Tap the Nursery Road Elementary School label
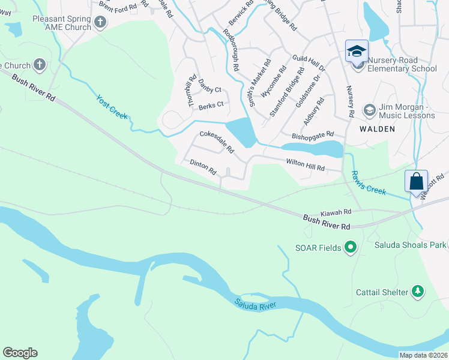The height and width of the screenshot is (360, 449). coord(401,64)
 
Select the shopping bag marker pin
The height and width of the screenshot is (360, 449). coord(416,181)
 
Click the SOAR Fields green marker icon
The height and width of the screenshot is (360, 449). coord(351,247)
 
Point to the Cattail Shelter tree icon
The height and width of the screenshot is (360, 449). coord(417,292)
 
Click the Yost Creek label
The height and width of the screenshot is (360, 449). coord(112,106)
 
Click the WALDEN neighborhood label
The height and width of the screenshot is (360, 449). coord(377,129)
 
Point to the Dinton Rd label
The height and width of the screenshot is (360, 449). coord(203,167)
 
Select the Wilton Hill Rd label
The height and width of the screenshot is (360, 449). coord(305,165)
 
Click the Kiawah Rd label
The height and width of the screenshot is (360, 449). coord(335,213)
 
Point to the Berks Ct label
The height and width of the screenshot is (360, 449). coord(211,104)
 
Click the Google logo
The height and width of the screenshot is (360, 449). coord(20,353)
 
